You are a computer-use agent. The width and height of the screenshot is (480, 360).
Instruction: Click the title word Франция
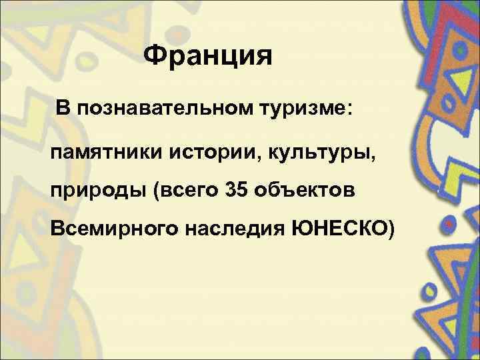coord(207,57)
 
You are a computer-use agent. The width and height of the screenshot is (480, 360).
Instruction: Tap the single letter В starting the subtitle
coord(62,108)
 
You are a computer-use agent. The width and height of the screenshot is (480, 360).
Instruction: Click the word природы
coord(97,191)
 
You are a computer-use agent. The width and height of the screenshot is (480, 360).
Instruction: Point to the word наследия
coord(234,231)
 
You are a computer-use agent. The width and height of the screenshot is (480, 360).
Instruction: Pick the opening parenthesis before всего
coord(156,191)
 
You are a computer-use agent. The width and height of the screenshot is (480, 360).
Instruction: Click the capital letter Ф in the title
coord(154,56)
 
